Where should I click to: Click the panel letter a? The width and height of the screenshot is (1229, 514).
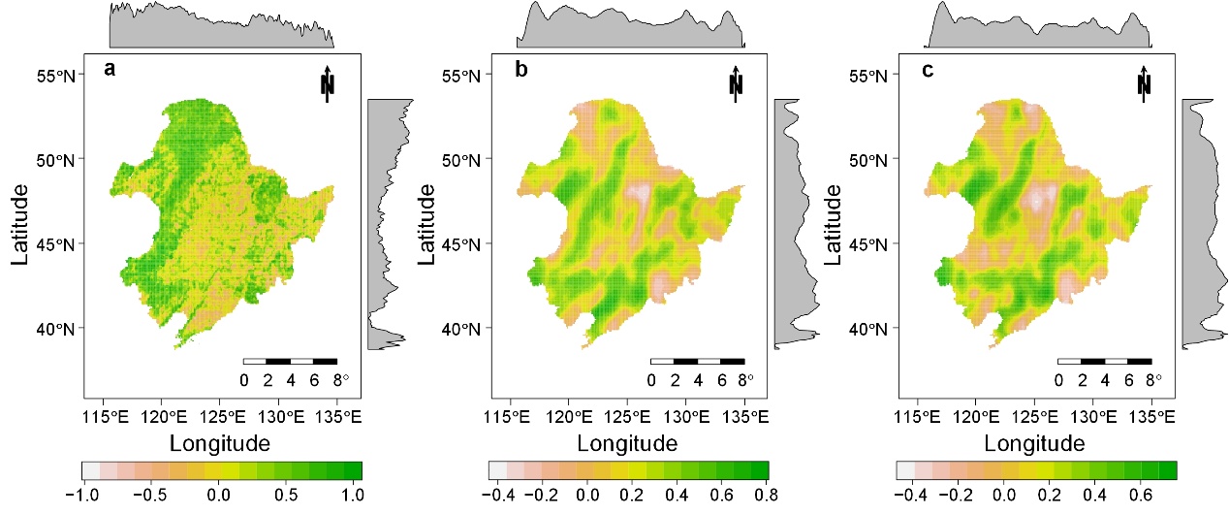click(x=110, y=70)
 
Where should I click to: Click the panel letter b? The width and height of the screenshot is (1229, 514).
click(x=521, y=70)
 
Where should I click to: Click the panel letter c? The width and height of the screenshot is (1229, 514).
click(x=929, y=70)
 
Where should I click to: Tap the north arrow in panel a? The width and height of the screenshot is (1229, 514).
click(x=329, y=82)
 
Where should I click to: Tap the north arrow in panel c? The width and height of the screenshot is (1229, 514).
click(x=1144, y=82)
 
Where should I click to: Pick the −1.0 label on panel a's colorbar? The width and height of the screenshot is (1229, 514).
click(x=83, y=494)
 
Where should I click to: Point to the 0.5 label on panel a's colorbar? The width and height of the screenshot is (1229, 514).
click(x=288, y=494)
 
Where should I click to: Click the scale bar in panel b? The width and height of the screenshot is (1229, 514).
click(x=697, y=361)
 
